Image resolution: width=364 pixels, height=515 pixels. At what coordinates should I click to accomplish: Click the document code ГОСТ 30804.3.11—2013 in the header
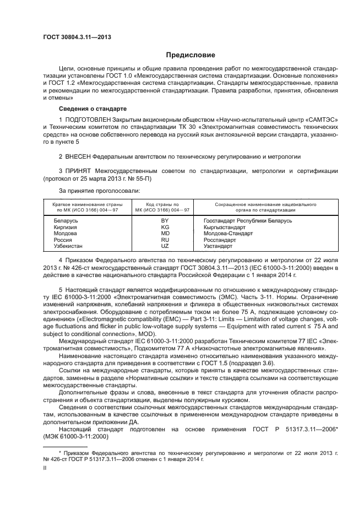(77, 37)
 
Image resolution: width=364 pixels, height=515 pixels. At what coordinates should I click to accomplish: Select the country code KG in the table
(164, 227)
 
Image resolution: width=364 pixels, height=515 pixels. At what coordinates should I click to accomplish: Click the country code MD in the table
(164, 233)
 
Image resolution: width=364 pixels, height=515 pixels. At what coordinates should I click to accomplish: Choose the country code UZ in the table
(164, 246)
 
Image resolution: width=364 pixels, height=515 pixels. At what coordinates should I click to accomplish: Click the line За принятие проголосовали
(91, 191)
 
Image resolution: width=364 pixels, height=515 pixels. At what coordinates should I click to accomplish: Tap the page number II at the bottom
(45, 467)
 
